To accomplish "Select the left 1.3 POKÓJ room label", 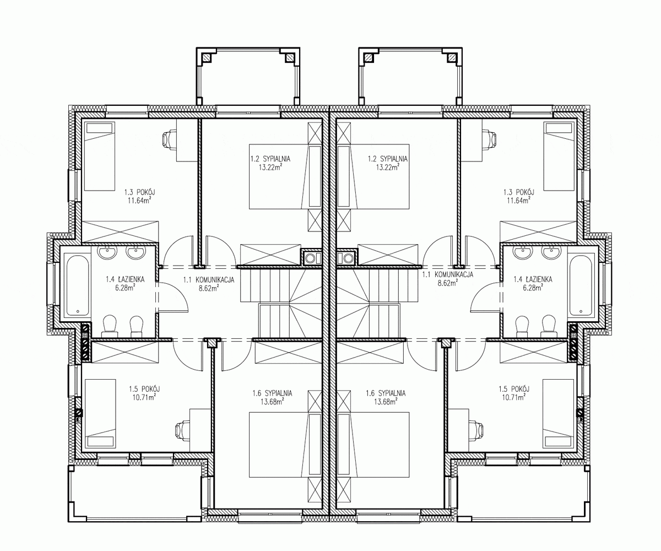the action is tap(139, 192).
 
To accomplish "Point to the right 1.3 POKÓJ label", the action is tap(519, 192).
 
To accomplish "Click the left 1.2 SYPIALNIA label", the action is tap(270, 159).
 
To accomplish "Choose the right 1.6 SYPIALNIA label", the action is tap(386, 393).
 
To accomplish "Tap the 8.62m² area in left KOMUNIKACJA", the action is tap(209, 288).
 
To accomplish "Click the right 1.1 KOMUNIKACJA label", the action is tap(448, 274).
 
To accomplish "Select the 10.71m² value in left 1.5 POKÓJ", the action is tap(144, 397).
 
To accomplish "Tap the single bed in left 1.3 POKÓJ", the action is tap(99, 156).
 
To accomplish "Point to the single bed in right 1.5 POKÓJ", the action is tap(558, 414).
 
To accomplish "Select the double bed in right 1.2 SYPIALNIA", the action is tap(373, 177).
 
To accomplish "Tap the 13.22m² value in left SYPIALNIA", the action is tap(270, 167).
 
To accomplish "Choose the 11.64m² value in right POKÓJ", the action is tap(519, 201).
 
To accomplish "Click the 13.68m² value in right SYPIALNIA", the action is tap(386, 402).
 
